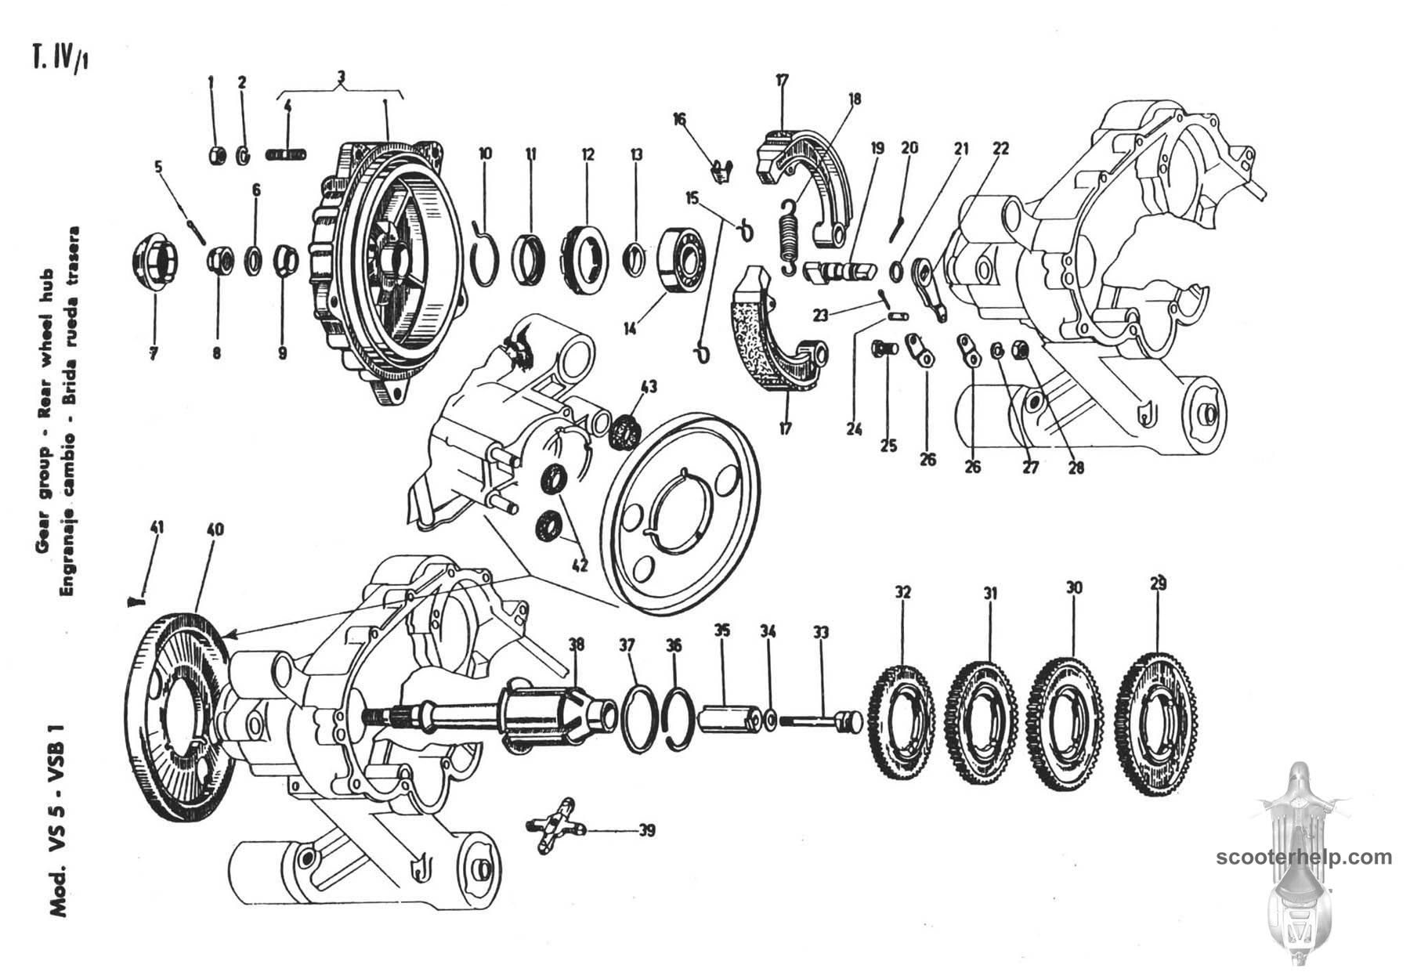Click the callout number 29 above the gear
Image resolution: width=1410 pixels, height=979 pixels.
1159,583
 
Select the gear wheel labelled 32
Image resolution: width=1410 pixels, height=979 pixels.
903,721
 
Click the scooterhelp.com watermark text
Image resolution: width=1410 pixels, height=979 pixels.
1305,857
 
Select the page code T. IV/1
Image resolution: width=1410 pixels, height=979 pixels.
59,59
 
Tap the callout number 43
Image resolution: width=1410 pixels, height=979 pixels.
648,386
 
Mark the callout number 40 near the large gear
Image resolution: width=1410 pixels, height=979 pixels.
215,529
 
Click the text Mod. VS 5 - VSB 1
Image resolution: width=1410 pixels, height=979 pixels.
59,822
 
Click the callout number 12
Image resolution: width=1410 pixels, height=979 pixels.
588,154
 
